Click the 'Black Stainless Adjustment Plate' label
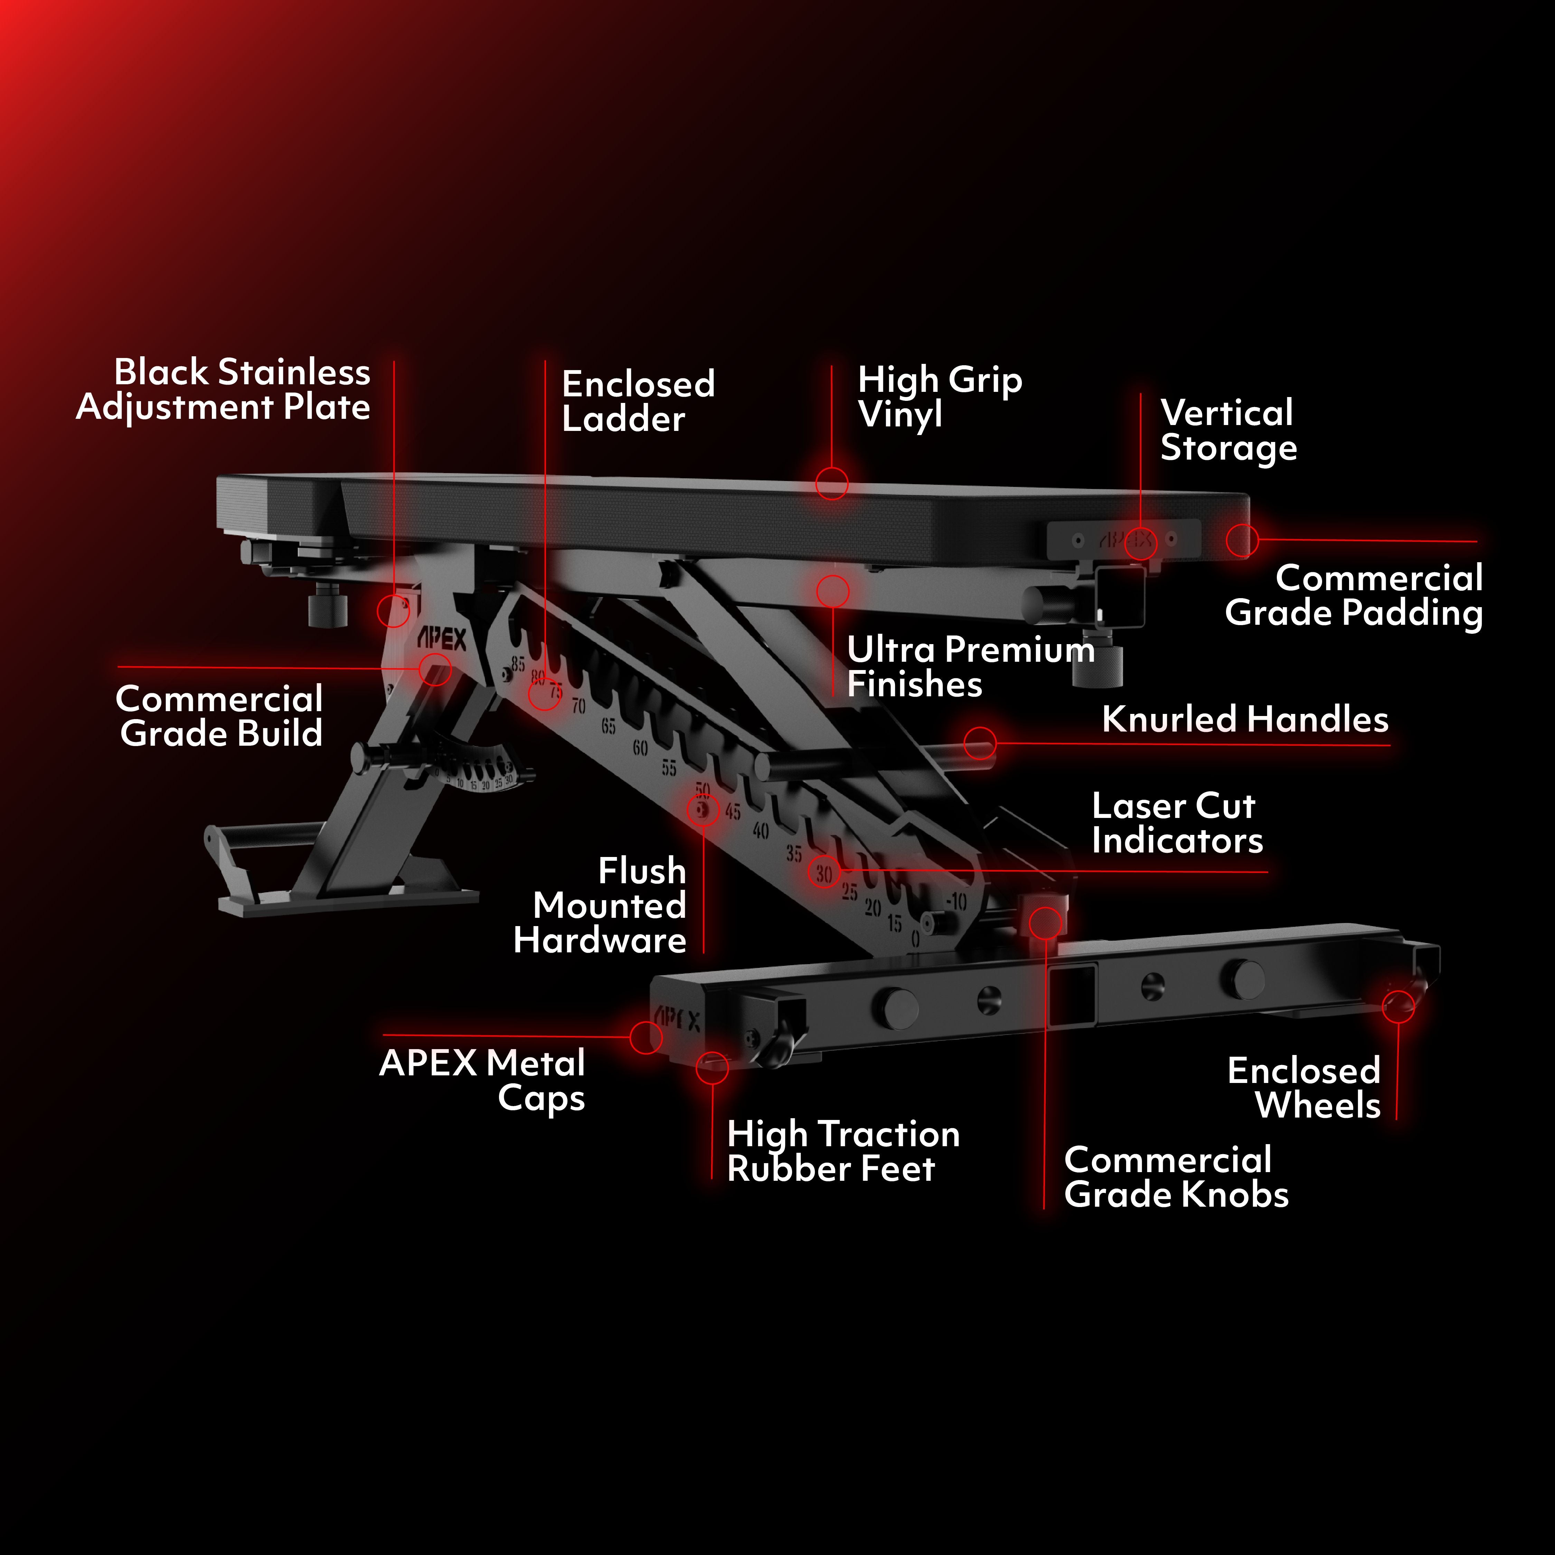[x=223, y=389]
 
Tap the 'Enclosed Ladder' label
[x=638, y=401]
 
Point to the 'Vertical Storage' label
[x=1227, y=430]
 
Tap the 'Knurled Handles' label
[x=1244, y=719]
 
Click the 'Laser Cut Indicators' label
[x=1177, y=822]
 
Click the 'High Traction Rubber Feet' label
[x=843, y=1151]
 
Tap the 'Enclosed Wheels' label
[x=1304, y=1087]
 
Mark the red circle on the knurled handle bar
[x=980, y=743]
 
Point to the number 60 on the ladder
[x=640, y=748]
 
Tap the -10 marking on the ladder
[x=956, y=902]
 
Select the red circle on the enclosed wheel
[x=1398, y=1007]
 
